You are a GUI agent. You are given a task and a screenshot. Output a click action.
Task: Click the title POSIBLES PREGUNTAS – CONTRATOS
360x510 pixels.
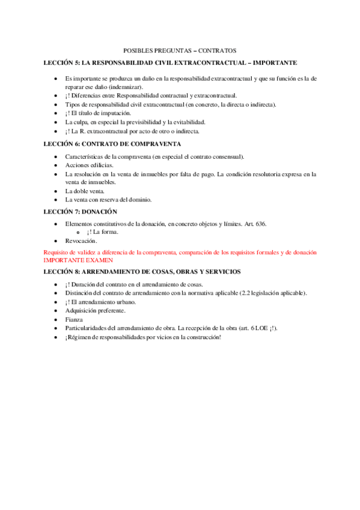(x=180, y=51)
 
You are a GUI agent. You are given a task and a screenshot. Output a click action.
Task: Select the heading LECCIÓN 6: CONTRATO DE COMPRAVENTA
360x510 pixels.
(x=112, y=144)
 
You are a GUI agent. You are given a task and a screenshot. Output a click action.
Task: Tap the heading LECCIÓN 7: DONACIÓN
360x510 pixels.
(x=81, y=212)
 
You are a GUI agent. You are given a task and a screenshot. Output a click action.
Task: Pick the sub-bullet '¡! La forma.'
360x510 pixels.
(x=102, y=232)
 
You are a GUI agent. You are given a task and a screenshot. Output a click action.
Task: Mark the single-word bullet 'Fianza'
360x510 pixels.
(x=75, y=319)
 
